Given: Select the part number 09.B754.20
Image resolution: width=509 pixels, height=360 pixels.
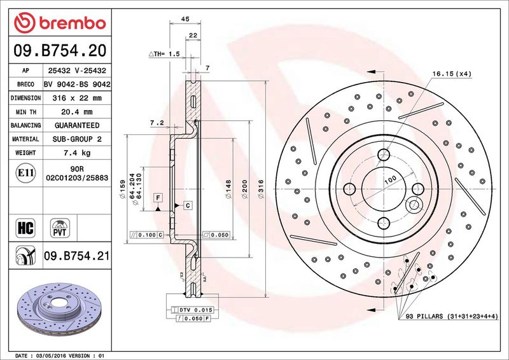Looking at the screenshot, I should tap(59, 50).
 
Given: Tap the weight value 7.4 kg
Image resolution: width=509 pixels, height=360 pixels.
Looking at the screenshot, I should tap(76, 153).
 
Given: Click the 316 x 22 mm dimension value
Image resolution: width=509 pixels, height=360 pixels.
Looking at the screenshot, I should tap(76, 98).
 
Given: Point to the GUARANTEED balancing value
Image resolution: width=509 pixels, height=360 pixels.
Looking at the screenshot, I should tap(76, 125).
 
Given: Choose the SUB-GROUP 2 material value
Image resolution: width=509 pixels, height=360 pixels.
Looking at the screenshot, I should tap(76, 139).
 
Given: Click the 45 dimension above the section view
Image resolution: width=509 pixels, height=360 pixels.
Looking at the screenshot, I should tap(186, 20).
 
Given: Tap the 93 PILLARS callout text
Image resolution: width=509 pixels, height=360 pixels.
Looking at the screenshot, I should tap(451, 317).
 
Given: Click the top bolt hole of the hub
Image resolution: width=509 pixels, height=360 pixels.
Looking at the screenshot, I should tap(383, 155).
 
